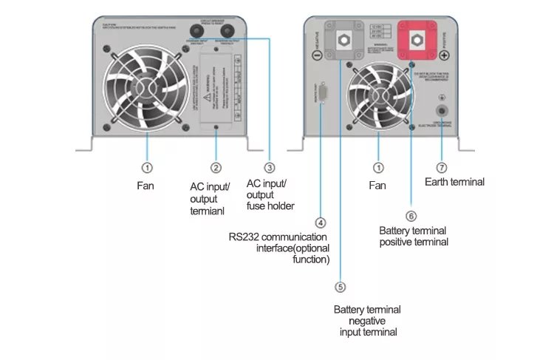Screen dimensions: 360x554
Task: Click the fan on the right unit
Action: click(x=377, y=94)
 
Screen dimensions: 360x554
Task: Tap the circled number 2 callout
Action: click(x=216, y=168)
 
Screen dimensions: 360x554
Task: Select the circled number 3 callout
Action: click(x=270, y=168)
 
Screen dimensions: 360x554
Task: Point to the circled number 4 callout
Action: click(x=320, y=222)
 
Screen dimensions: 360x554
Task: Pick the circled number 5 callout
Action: click(x=340, y=287)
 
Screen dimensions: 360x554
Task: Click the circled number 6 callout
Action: click(x=411, y=216)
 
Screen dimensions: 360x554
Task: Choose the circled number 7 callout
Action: click(x=442, y=168)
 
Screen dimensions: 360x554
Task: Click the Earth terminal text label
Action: click(x=455, y=182)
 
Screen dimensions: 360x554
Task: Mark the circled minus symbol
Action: click(x=316, y=55)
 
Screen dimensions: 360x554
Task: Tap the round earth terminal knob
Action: click(x=442, y=111)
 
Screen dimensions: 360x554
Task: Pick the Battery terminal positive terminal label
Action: click(x=414, y=236)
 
